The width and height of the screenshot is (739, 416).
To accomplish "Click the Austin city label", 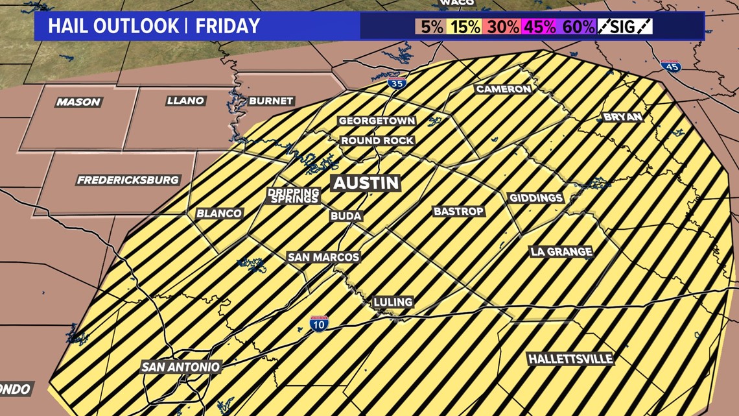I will click(x=366, y=183).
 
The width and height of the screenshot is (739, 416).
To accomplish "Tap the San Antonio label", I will click(x=182, y=367).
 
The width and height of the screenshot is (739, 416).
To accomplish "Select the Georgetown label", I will click(x=377, y=121).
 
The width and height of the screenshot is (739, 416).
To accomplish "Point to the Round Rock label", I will click(x=377, y=141).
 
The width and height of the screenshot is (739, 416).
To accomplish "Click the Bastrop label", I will click(x=458, y=212).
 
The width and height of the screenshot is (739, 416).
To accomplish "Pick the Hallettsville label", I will click(x=570, y=359).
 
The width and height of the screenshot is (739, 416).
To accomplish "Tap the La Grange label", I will click(x=561, y=252).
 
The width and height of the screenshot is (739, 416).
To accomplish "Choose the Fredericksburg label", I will click(x=128, y=180).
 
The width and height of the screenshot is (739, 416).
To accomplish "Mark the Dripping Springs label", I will click(x=294, y=196).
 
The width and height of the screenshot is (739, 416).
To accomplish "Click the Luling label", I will click(x=393, y=302).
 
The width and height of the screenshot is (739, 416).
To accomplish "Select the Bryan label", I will click(x=622, y=117).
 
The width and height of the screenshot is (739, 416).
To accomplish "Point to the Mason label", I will click(x=78, y=102).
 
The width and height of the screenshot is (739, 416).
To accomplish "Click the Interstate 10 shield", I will click(x=318, y=324).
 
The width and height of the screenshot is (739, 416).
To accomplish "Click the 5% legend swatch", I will click(x=432, y=27).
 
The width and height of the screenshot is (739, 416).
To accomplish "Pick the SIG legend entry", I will click(x=625, y=27).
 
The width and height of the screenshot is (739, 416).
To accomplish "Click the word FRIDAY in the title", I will click(x=228, y=27).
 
